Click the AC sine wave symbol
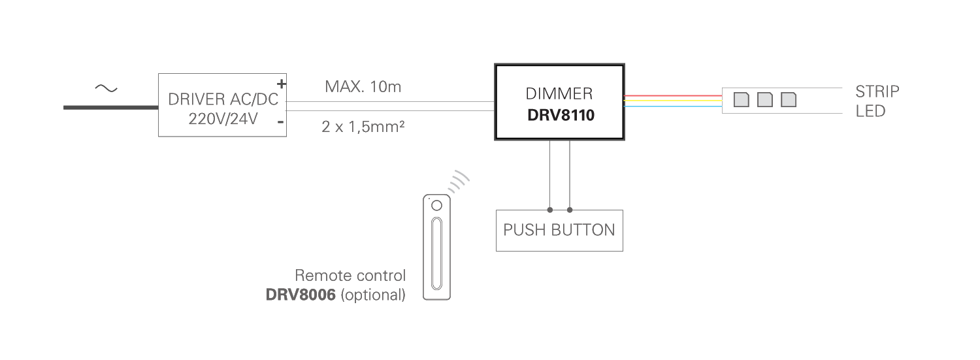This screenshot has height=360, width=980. coord(106,88)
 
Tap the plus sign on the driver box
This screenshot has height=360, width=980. coord(282,84)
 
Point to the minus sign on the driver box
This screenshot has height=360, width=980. coord(280,122)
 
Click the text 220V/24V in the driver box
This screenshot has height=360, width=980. coord(223,118)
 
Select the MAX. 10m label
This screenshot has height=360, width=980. coord(363,87)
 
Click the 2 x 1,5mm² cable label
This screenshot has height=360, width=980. coord(363,126)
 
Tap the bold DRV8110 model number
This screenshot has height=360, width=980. coord(561,115)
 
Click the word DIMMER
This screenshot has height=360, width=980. coord(559,93)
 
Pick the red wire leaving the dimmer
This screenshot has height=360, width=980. coord(673,95)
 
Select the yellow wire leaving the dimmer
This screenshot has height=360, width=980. coord(673,101)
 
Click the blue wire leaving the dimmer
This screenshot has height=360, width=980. coord(673,106)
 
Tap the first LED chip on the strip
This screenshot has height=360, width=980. coord(741,100)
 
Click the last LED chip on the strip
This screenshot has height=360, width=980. coord(789,100)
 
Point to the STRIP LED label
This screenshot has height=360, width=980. coord(877,101)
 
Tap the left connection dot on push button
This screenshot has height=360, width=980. coord(550,210)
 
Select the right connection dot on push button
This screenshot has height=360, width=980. coord(570,210)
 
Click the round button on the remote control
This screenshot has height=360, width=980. coord(436,206)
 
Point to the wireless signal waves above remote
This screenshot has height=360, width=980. coord(459,181)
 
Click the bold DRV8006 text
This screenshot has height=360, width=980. coord(301,295)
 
